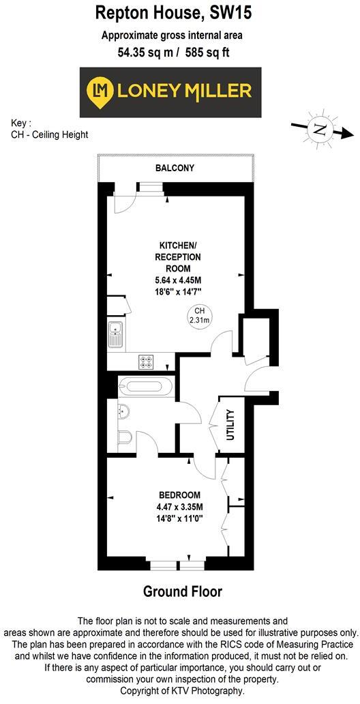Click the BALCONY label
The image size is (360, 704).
(175, 168)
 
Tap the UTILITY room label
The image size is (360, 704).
(230, 424)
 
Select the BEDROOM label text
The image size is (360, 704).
(179, 495)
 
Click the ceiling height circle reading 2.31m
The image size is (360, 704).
(199, 315)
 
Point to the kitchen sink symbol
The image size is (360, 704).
(115, 334)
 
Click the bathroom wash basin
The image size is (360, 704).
(123, 411)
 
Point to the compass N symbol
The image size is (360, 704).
(318, 128)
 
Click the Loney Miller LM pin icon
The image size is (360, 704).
(101, 90)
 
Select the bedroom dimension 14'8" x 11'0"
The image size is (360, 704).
(180, 518)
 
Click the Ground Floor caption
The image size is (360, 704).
(182, 591)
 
